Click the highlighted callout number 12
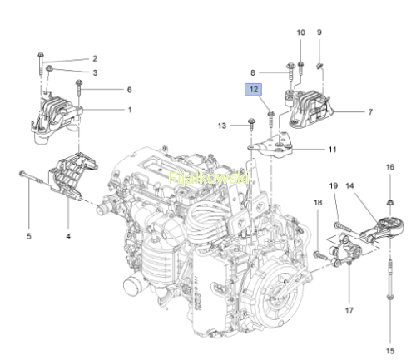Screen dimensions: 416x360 coord(253,90)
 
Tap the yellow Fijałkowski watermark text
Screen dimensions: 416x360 coord(209,178)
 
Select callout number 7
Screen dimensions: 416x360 coord(370,112)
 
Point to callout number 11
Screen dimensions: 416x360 coord(332,150)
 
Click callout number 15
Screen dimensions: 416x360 coord(390,351)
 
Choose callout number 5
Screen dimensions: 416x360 coord(29,236)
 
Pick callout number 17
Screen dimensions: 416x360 coord(349,310)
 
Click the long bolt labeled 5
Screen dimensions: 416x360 coord(32,178)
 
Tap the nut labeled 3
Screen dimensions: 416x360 coord(50,68)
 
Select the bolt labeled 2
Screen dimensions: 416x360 coord(41,63)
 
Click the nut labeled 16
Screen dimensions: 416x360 coord(390,203)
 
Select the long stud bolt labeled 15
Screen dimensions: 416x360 coord(390,280)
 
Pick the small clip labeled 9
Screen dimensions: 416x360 coord(319,66)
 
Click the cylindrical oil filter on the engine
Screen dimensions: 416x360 coord(133,286)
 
